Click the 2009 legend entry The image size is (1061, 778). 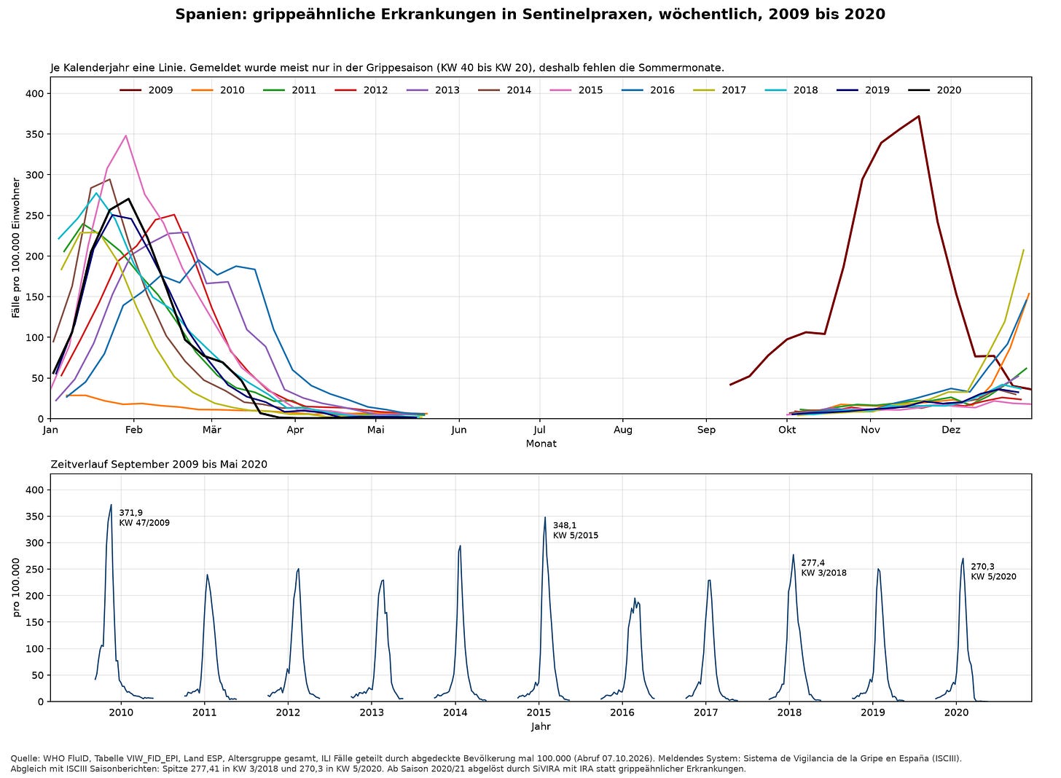click(146, 90)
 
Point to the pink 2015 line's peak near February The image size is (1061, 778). click(125, 135)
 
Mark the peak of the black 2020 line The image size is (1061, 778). click(128, 199)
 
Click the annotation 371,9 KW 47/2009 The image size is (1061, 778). click(144, 517)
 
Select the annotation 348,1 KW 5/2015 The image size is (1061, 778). click(576, 530)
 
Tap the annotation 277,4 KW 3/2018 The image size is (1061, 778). click(823, 567)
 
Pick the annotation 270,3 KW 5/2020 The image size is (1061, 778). click(993, 572)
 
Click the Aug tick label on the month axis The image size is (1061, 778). click(623, 430)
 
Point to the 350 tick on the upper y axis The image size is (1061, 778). click(34, 135)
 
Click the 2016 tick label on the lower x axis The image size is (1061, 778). click(622, 712)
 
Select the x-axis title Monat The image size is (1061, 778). click(541, 444)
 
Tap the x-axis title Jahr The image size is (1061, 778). click(541, 726)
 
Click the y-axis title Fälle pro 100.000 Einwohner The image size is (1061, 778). click(16, 248)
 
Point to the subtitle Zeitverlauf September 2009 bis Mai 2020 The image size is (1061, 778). click(159, 464)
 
